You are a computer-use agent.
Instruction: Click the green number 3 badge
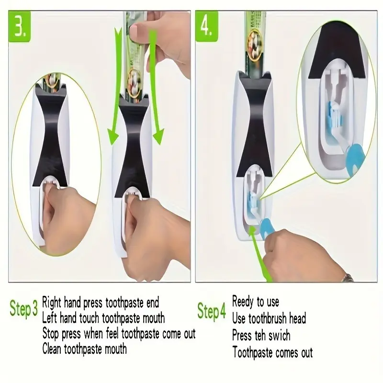pos(20,26)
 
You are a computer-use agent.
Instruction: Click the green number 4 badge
pos(206,26)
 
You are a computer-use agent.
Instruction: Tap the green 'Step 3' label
pos(23,308)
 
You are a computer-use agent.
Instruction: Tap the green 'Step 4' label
pos(212,311)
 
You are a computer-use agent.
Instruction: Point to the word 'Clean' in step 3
pos(52,349)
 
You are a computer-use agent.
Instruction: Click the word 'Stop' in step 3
pos(51,334)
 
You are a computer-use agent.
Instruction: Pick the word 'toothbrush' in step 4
pos(268,318)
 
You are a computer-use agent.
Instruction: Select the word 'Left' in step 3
pos(50,318)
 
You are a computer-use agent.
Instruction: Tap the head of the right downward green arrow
pos(159,136)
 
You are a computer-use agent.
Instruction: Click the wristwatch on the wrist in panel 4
pos(348,278)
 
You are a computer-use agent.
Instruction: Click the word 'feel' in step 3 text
pos(113,333)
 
